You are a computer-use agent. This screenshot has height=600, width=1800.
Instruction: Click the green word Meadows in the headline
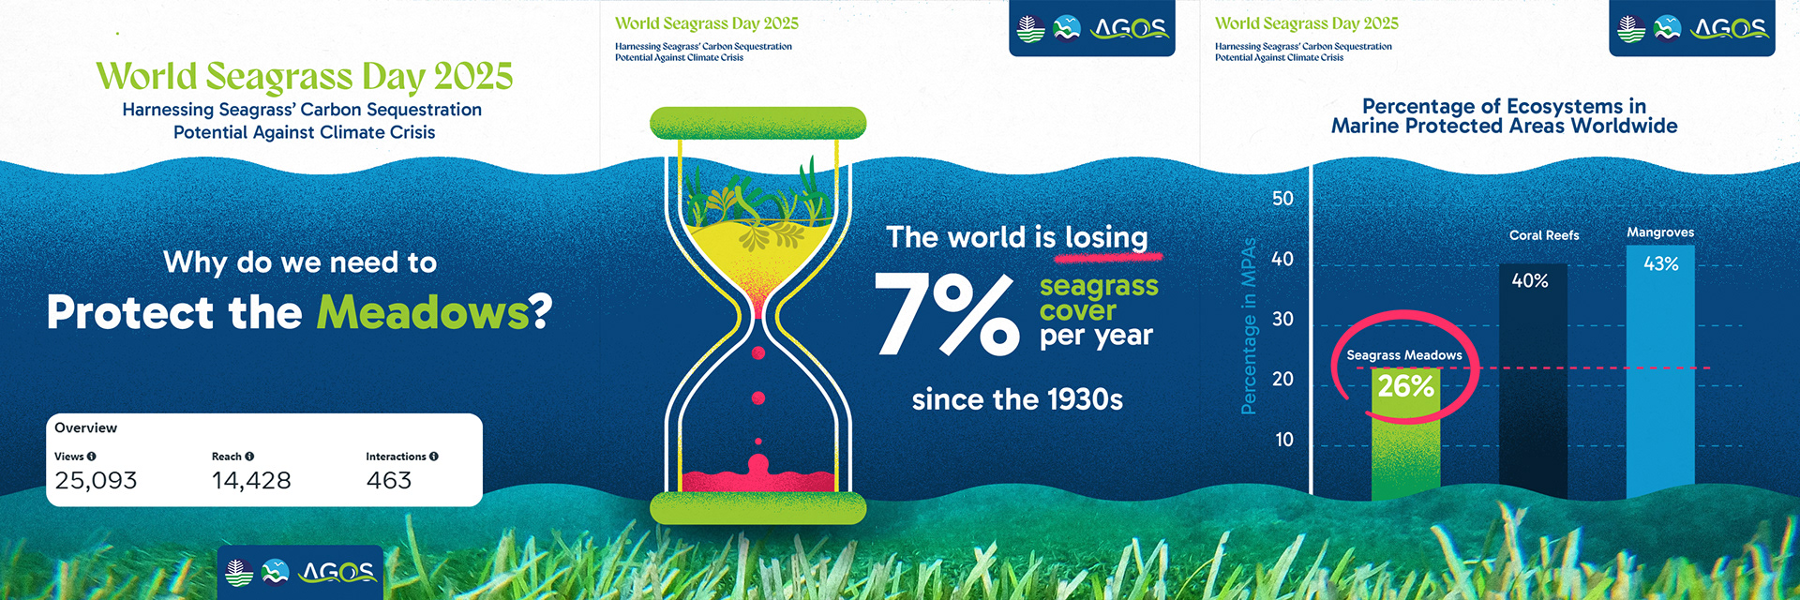point(423,313)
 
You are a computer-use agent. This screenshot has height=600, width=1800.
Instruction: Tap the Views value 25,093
point(96,481)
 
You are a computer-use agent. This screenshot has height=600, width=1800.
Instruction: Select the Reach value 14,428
point(251,481)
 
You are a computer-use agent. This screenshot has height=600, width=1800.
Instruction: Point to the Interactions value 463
point(389,481)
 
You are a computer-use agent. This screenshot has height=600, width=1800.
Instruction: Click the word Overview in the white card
point(86,427)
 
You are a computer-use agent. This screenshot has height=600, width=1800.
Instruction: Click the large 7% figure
point(947,315)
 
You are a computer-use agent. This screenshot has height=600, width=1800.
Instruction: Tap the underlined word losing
point(1106,238)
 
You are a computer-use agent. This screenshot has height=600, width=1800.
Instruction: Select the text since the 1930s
point(1017,400)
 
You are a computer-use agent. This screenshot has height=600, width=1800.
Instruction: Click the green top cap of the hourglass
point(757,123)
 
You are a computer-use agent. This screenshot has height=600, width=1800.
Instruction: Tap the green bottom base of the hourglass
point(757,507)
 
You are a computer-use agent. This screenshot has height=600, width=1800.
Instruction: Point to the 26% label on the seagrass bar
point(1405,386)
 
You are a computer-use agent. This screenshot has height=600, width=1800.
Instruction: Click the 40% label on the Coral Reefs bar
point(1530,280)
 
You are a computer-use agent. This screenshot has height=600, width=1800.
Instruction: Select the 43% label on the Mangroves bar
point(1660,264)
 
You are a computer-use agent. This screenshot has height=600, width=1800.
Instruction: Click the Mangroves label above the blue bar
point(1660,232)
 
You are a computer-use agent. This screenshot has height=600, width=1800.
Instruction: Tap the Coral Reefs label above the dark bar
point(1544,235)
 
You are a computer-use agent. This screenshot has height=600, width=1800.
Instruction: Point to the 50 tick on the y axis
point(1282,199)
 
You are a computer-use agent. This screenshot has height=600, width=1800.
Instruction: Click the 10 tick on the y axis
point(1283,440)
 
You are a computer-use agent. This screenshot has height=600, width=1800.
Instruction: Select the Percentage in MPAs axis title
point(1248,326)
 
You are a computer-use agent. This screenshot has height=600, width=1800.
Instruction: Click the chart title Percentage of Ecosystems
point(1504,107)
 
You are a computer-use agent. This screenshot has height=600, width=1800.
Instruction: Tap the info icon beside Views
point(92,457)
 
